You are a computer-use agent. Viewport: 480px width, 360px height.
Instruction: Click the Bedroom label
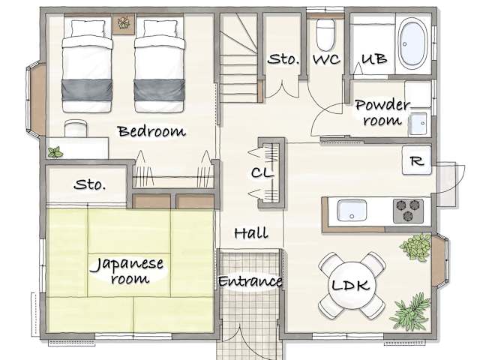click(x=151, y=131)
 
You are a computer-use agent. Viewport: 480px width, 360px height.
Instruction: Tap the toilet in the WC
click(x=325, y=34)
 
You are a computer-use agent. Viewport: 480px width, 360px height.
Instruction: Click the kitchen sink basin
click(x=352, y=210)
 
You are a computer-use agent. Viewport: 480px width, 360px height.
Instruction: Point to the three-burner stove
click(x=408, y=211)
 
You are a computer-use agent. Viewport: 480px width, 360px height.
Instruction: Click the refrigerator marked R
click(x=417, y=160)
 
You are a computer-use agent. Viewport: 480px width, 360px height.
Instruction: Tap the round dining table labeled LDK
click(x=351, y=285)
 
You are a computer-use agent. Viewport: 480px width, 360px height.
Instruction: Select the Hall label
click(x=251, y=233)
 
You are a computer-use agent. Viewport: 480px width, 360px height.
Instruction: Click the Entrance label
click(x=250, y=281)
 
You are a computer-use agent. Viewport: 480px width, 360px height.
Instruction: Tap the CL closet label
click(x=262, y=173)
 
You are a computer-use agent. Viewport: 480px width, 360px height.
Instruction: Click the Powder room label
click(x=382, y=112)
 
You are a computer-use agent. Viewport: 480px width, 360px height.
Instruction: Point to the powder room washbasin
click(x=418, y=124)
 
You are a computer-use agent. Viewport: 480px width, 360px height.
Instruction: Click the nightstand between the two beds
click(x=124, y=24)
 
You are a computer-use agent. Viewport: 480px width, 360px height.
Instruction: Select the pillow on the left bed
click(x=88, y=28)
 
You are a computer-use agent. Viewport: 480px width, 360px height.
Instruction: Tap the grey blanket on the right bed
click(x=159, y=90)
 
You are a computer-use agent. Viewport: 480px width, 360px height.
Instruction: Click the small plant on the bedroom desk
click(x=55, y=152)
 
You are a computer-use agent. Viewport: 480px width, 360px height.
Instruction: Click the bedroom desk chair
click(x=76, y=128)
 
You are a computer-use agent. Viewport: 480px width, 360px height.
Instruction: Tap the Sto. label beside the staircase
click(x=283, y=59)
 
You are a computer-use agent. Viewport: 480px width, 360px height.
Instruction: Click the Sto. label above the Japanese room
click(x=90, y=184)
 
